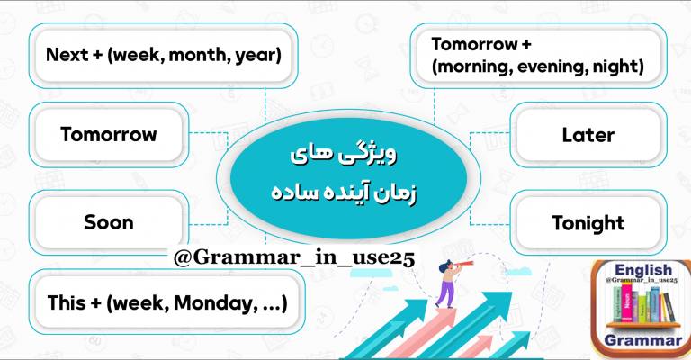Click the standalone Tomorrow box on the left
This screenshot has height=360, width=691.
[108, 134]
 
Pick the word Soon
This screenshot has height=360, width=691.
[108, 222]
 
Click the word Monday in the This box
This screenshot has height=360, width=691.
[215, 303]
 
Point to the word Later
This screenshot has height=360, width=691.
[588, 135]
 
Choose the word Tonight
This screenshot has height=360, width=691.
[588, 223]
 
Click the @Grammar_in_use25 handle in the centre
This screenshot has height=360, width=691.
[294, 258]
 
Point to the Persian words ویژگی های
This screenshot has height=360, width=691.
[344, 155]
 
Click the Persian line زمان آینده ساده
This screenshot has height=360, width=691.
[344, 193]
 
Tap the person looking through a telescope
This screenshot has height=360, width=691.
[451, 283]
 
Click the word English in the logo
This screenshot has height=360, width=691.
[643, 270]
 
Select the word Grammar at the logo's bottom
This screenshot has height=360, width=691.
[643, 340]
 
